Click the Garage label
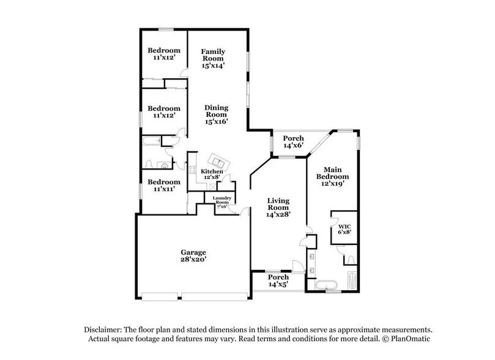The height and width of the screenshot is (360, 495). pos(193,255)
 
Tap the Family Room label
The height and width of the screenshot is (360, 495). pos(214,58)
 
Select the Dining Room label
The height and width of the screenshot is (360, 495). pos(216,114)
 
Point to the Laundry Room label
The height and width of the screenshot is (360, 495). pos(220,202)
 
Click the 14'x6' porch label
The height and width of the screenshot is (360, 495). pos(293,142)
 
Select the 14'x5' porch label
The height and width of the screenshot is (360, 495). pos(278,280)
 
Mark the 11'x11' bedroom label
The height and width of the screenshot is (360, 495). pos(163,186)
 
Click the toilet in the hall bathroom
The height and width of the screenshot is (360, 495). pos(151,165)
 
